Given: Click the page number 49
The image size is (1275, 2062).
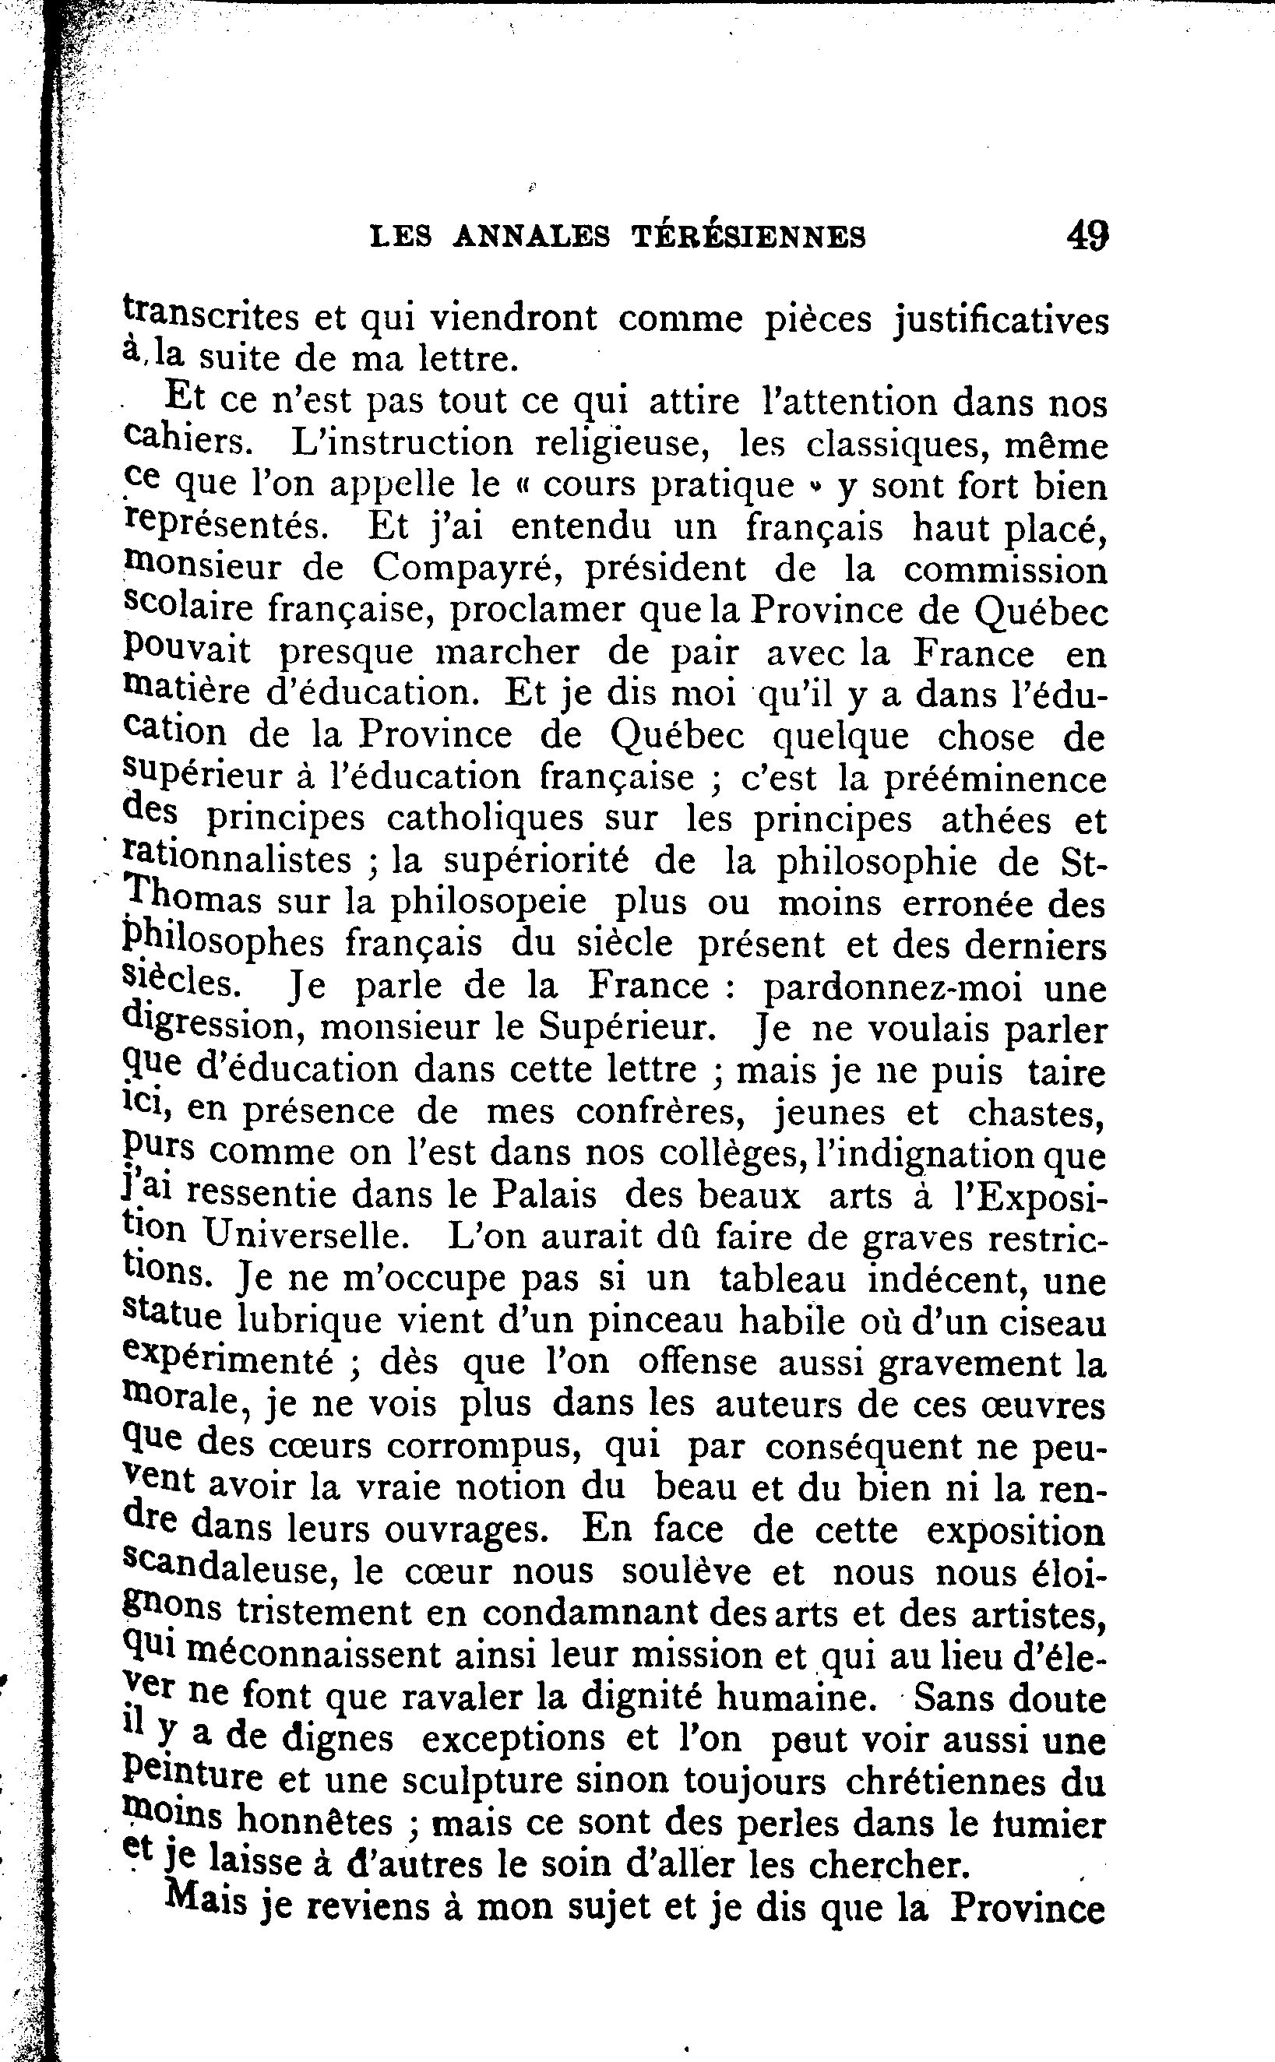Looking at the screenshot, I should click(1087, 235).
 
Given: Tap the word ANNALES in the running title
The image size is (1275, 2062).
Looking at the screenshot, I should click(530, 238).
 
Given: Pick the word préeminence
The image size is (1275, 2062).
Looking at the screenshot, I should click(994, 777).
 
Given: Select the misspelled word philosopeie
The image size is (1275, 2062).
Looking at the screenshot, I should click(488, 902).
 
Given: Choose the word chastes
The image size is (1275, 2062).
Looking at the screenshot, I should click(1037, 1113).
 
